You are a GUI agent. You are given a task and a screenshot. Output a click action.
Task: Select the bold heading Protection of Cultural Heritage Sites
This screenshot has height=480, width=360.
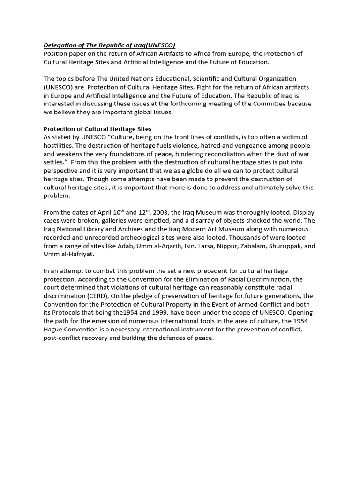(97, 129)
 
